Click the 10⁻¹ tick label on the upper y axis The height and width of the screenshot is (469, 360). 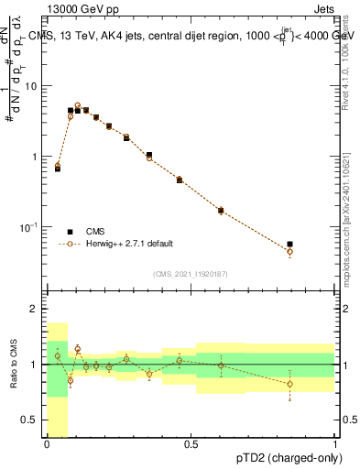29,226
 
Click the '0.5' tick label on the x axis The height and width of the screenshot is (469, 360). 191,444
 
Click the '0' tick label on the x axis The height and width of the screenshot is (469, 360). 47,444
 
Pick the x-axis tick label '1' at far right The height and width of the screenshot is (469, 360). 335,444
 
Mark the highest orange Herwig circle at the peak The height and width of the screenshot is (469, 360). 78,105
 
